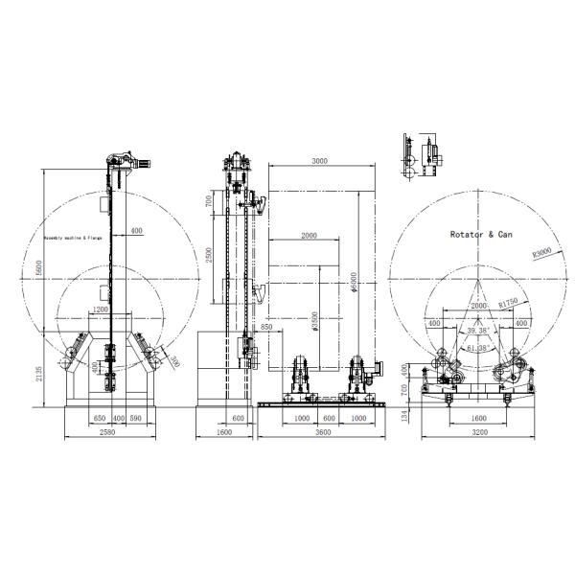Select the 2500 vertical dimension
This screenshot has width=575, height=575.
point(209,256)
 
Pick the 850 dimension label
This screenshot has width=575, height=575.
point(265,328)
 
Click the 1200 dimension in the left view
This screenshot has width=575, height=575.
point(101,310)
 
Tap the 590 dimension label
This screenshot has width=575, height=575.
point(135,419)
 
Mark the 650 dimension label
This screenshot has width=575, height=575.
point(99,419)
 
